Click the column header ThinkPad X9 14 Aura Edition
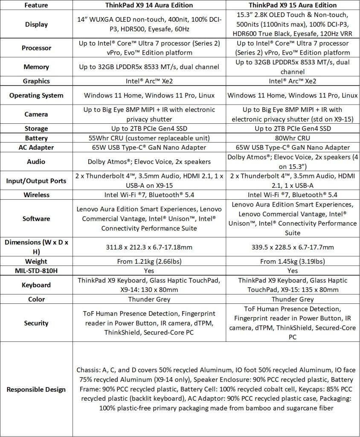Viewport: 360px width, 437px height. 149,6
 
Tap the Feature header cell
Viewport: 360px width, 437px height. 36,6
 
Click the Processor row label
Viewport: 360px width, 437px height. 36,48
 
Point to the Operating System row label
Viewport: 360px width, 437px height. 36,95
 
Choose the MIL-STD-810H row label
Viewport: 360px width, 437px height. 36,271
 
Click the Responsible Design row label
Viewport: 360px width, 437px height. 36,389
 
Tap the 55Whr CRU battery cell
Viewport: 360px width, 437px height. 149,138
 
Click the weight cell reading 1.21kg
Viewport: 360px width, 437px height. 149,261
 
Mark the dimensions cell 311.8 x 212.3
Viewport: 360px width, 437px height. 149,247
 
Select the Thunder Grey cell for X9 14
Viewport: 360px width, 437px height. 149,299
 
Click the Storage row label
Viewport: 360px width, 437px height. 36,128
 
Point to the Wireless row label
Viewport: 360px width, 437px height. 36,195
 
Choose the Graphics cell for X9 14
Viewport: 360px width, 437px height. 149,81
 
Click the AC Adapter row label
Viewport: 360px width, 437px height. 36,148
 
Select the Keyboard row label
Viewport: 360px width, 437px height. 36,285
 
